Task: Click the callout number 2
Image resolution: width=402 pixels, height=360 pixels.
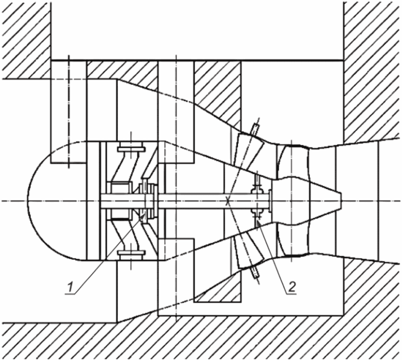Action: coord(291,287)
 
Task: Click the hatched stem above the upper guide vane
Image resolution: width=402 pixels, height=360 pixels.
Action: coord(255,129)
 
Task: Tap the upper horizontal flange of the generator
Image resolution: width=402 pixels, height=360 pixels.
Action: coord(131,149)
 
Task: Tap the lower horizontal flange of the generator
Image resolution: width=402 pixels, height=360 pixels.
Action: coord(131,255)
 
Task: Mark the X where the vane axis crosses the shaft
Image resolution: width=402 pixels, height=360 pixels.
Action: coord(229,199)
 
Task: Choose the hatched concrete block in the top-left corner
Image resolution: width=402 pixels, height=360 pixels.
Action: coord(26,38)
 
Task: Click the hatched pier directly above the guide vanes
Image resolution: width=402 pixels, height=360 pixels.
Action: coord(218,90)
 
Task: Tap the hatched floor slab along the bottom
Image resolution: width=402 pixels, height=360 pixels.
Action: coord(201,340)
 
